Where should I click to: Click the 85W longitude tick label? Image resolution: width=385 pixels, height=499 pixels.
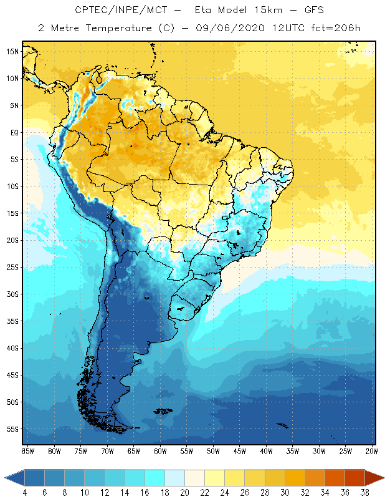click(x=27, y=451)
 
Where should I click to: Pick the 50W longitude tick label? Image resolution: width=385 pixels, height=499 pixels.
click(x=213, y=451)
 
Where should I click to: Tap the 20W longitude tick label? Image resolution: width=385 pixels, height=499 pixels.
click(x=372, y=451)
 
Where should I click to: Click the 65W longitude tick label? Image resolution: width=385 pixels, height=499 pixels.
click(x=133, y=451)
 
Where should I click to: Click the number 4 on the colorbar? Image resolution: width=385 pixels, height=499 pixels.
click(x=24, y=493)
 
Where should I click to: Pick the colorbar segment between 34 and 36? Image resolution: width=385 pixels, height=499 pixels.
click(x=335, y=478)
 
